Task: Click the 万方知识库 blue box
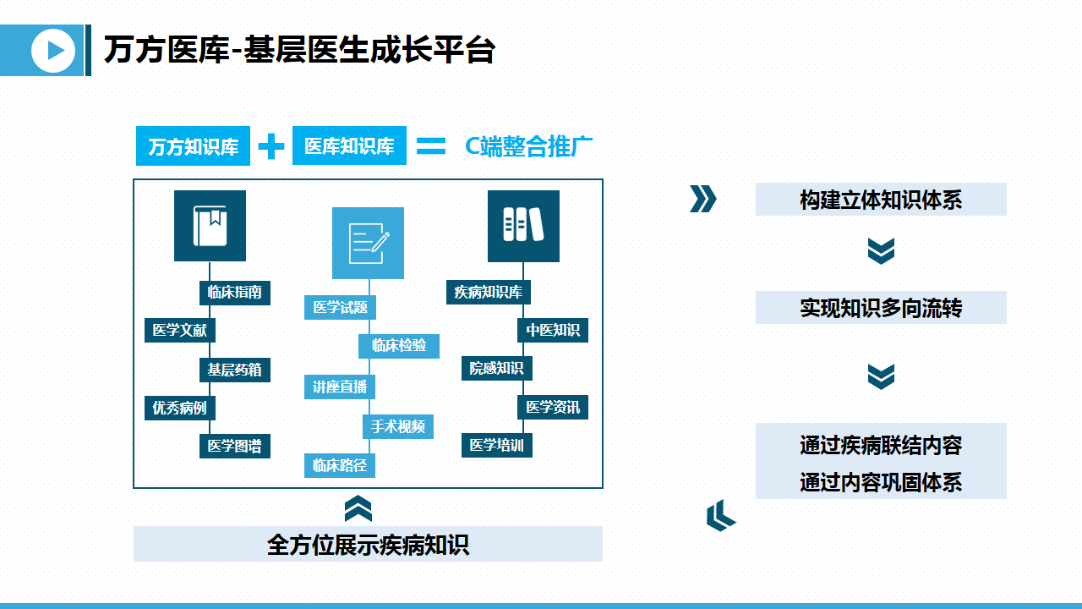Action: [193, 146]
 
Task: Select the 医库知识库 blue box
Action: [349, 146]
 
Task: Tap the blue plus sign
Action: [271, 146]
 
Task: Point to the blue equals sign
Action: [431, 146]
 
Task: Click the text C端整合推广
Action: [528, 146]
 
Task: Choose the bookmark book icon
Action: [210, 226]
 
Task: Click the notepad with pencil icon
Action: [368, 243]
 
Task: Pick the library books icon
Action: [523, 226]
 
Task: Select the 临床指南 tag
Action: [235, 293]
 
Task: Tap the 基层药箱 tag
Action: [235, 370]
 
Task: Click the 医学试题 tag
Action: [340, 307]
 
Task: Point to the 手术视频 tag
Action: [398, 426]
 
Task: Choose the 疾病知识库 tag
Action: [488, 293]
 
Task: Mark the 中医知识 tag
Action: [553, 330]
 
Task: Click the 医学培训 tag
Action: [497, 445]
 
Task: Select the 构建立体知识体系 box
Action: [881, 200]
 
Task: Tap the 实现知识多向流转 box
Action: [881, 308]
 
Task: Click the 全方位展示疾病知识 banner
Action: [368, 544]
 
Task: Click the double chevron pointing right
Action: [702, 199]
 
